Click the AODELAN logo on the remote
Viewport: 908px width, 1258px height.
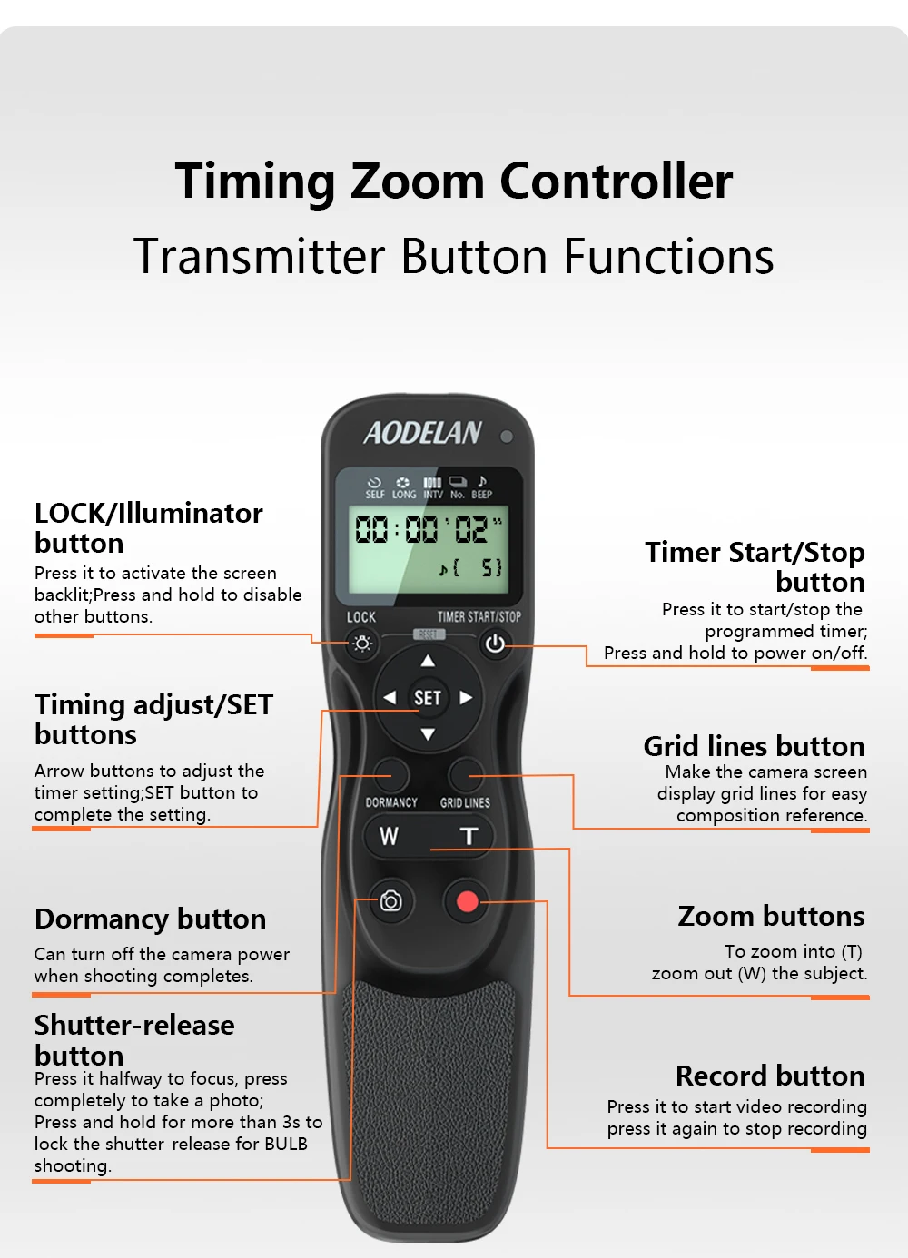[x=422, y=434]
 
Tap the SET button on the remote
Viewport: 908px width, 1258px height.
[x=428, y=698]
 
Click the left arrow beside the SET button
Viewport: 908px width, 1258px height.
[x=390, y=698]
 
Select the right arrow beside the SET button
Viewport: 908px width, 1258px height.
[x=466, y=698]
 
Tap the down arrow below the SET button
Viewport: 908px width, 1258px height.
[x=428, y=734]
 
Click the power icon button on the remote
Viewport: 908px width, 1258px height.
[x=495, y=644]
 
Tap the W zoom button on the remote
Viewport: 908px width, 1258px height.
[x=390, y=836]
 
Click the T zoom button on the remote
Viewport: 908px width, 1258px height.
[x=469, y=836]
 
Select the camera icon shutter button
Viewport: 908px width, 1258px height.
[x=390, y=901]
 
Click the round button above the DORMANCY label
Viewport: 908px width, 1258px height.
[x=391, y=775]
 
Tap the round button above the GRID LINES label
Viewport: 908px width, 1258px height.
[x=466, y=775]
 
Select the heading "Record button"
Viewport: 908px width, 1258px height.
[x=770, y=1076]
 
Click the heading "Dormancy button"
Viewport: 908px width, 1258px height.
[x=151, y=919]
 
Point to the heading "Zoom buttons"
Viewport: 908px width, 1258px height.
[x=771, y=917]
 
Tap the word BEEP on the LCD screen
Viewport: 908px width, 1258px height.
[x=482, y=495]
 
